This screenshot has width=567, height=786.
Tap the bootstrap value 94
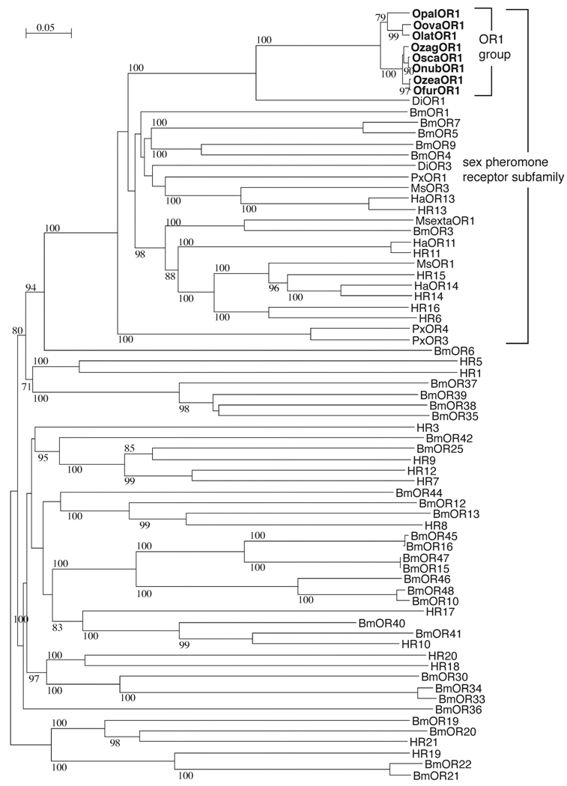click(31, 287)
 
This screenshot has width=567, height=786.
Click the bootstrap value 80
click(18, 330)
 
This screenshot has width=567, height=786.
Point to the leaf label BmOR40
click(381, 623)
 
